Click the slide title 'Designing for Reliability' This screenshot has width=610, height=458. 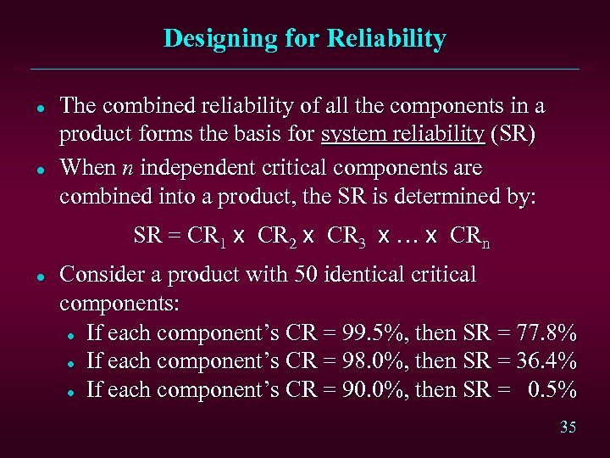(304, 38)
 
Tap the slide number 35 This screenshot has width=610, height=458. (568, 427)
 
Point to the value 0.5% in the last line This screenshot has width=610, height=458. (552, 389)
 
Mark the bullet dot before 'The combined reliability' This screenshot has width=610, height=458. (40, 108)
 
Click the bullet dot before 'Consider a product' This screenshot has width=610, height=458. (40, 276)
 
